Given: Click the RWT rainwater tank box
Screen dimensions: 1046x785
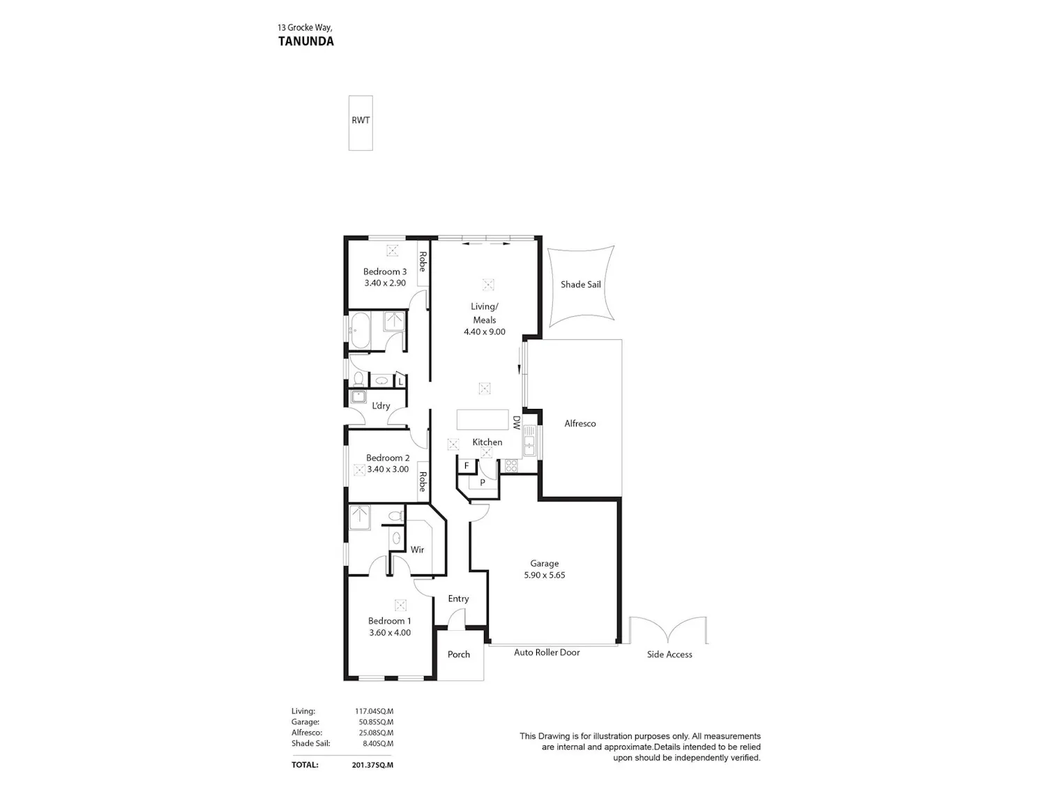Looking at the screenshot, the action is (361, 123).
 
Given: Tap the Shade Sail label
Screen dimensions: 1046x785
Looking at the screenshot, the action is (580, 285).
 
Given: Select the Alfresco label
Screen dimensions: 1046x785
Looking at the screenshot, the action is (580, 424).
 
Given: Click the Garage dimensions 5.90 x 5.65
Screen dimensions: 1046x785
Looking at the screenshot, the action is (544, 575).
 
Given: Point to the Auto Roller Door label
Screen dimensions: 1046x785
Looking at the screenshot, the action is (547, 652).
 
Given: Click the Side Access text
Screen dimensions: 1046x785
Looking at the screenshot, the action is (669, 655).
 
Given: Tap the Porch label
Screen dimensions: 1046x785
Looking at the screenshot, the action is (458, 655).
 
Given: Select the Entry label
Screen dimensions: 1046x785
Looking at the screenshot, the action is (458, 599).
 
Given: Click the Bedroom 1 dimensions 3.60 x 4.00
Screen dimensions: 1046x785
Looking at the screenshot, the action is (390, 633).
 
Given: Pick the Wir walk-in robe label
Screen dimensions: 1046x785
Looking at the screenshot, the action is (417, 550).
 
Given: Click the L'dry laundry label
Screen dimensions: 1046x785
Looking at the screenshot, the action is (381, 406).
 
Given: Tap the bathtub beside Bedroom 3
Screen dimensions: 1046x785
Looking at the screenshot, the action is (359, 330).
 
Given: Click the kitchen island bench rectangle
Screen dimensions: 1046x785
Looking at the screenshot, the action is (483, 420).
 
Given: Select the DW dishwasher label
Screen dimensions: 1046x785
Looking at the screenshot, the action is (516, 422).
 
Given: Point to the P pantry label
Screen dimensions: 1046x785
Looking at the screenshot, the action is (483, 483).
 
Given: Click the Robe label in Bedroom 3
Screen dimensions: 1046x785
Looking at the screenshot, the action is (422, 262).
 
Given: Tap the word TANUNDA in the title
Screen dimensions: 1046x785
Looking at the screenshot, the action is (306, 41).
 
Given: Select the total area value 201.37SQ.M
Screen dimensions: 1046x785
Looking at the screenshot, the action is (372, 765).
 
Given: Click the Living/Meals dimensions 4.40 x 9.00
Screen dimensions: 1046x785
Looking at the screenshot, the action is (484, 332).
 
